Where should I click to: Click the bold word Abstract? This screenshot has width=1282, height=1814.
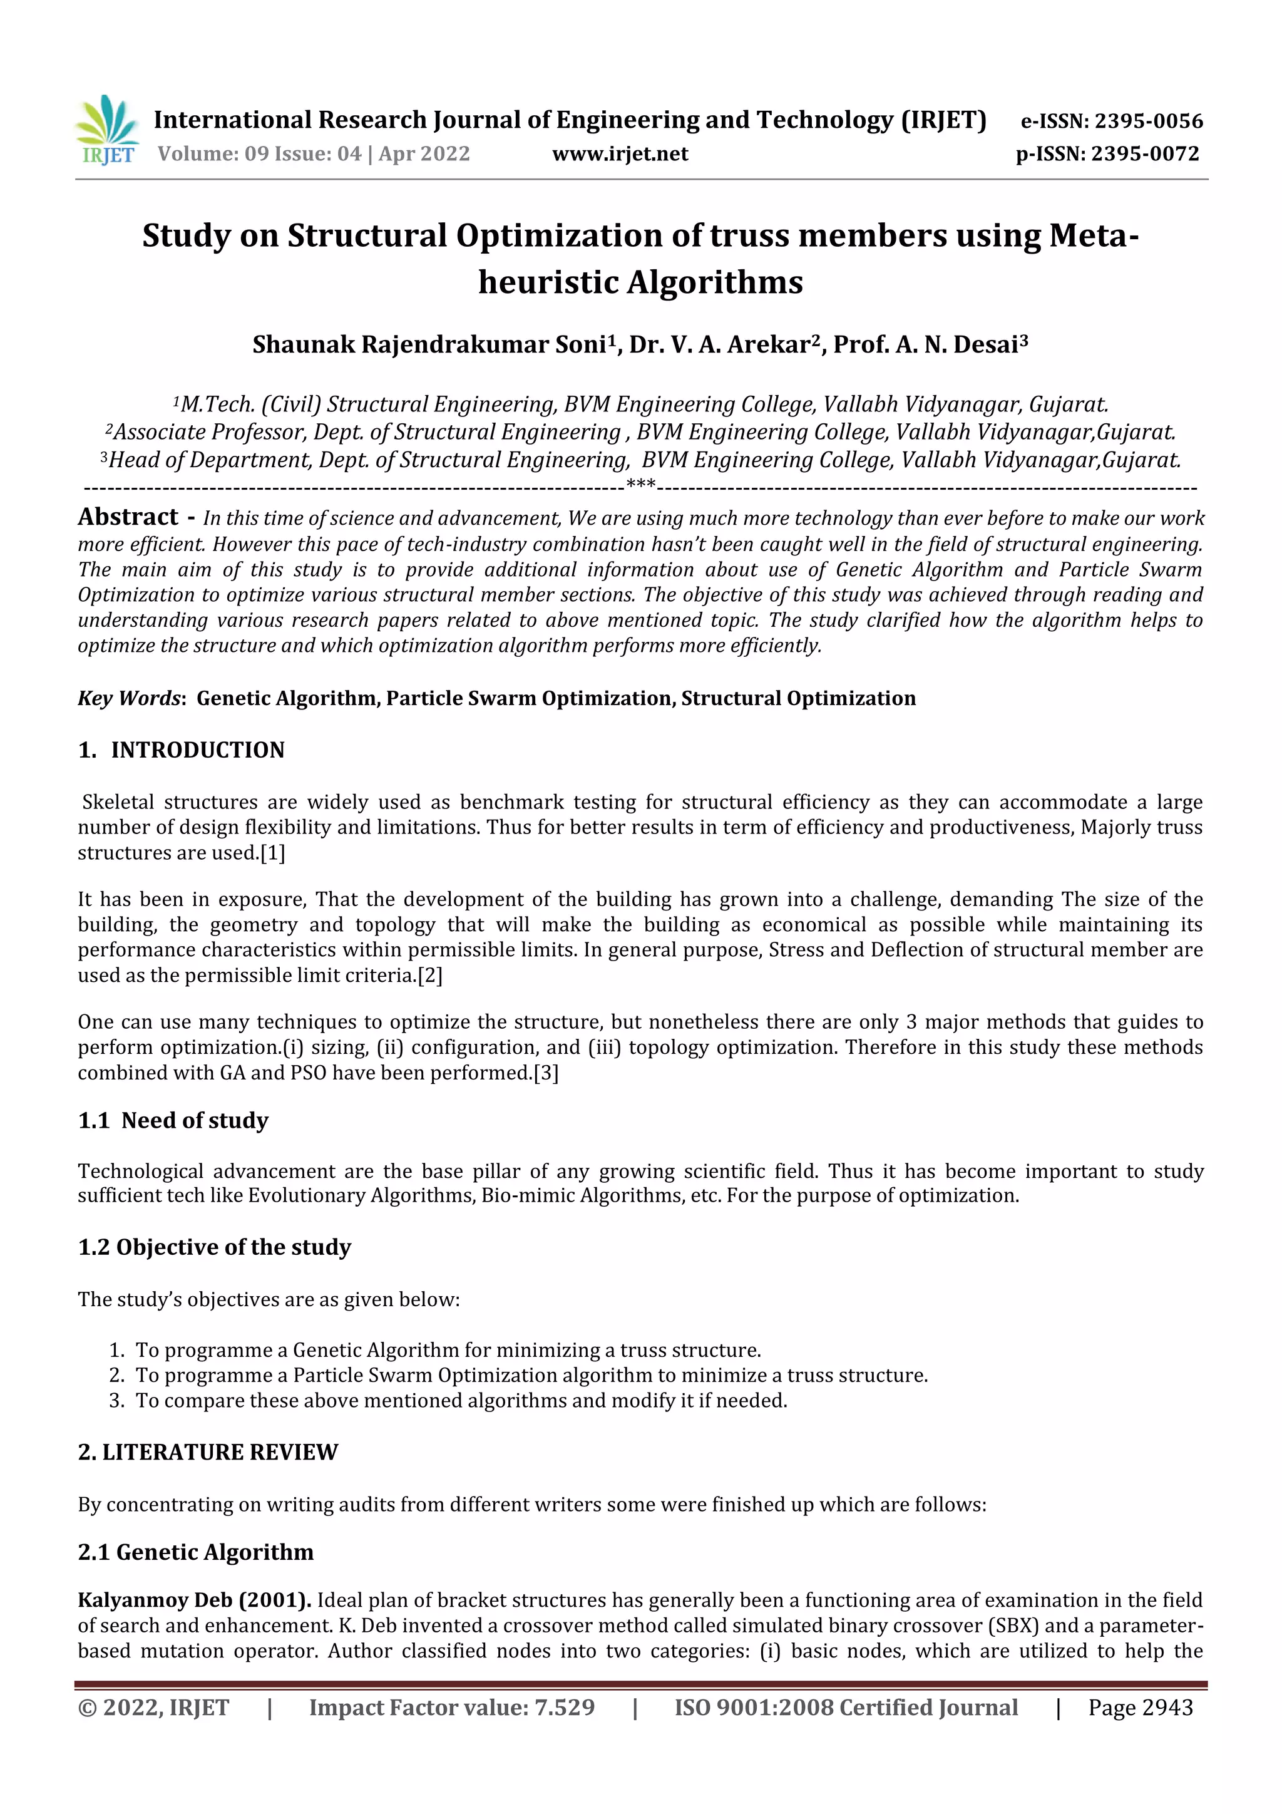128,517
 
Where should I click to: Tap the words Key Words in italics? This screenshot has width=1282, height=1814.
130,698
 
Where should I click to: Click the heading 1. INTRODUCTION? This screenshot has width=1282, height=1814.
181,750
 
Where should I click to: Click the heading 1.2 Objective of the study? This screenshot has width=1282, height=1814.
214,1247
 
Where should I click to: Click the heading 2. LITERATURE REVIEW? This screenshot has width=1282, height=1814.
208,1452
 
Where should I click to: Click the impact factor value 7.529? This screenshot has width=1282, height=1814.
564,1708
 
